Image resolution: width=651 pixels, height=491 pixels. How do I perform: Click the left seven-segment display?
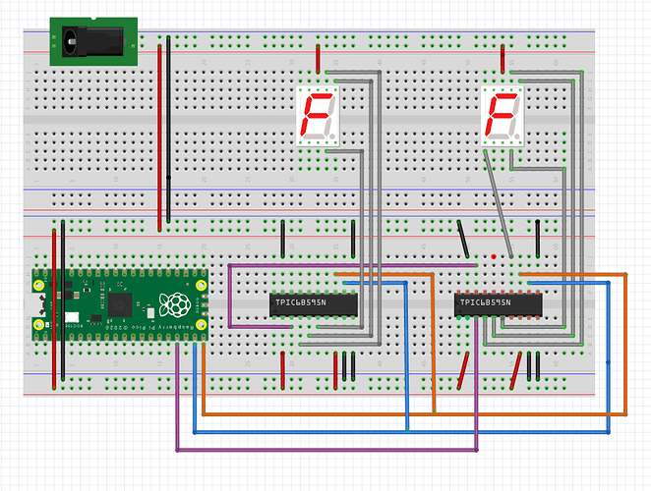click(x=317, y=115)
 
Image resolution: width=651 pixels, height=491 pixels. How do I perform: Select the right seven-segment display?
click(x=502, y=115)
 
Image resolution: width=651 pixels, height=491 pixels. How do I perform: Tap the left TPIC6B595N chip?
click(x=312, y=305)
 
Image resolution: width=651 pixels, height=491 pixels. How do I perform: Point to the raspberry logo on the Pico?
click(x=176, y=304)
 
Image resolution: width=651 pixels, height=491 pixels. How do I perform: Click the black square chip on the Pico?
click(x=121, y=302)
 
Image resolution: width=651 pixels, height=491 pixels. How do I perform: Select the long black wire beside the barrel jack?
click(x=169, y=128)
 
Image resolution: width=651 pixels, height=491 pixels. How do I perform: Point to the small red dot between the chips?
click(x=493, y=256)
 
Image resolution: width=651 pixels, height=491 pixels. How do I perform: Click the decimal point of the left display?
click(x=334, y=136)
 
